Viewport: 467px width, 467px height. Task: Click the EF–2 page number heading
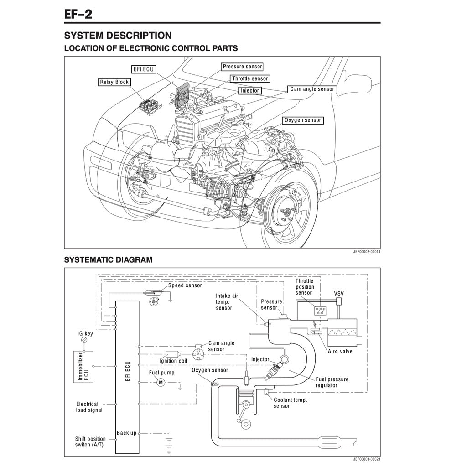[x=78, y=14]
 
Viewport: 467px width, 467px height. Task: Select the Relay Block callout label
[x=114, y=82]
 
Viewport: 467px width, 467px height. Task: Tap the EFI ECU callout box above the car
[x=143, y=69]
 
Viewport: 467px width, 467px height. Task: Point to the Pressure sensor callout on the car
[x=242, y=67]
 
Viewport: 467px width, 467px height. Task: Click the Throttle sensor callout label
[x=249, y=78]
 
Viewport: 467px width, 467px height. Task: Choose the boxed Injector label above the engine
[x=249, y=90]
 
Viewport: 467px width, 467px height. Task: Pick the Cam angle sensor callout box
[x=312, y=89]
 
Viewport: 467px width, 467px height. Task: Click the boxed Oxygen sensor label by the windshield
[x=302, y=120]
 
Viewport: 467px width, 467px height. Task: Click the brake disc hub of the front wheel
[x=287, y=212]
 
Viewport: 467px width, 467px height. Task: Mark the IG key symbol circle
[x=84, y=341]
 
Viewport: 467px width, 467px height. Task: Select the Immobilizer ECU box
[x=83, y=366]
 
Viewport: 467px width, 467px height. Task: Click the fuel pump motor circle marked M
[x=160, y=382]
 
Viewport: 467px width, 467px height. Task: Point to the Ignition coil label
[x=173, y=361]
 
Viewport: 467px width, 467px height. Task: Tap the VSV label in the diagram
[x=339, y=293]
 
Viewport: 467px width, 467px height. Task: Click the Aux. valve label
[x=340, y=351]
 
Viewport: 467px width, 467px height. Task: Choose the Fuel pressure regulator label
[x=332, y=382]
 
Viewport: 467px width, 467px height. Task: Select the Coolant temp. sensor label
[x=290, y=403]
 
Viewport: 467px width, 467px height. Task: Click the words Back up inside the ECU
[x=126, y=433]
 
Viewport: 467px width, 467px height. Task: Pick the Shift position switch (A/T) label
[x=90, y=441]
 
